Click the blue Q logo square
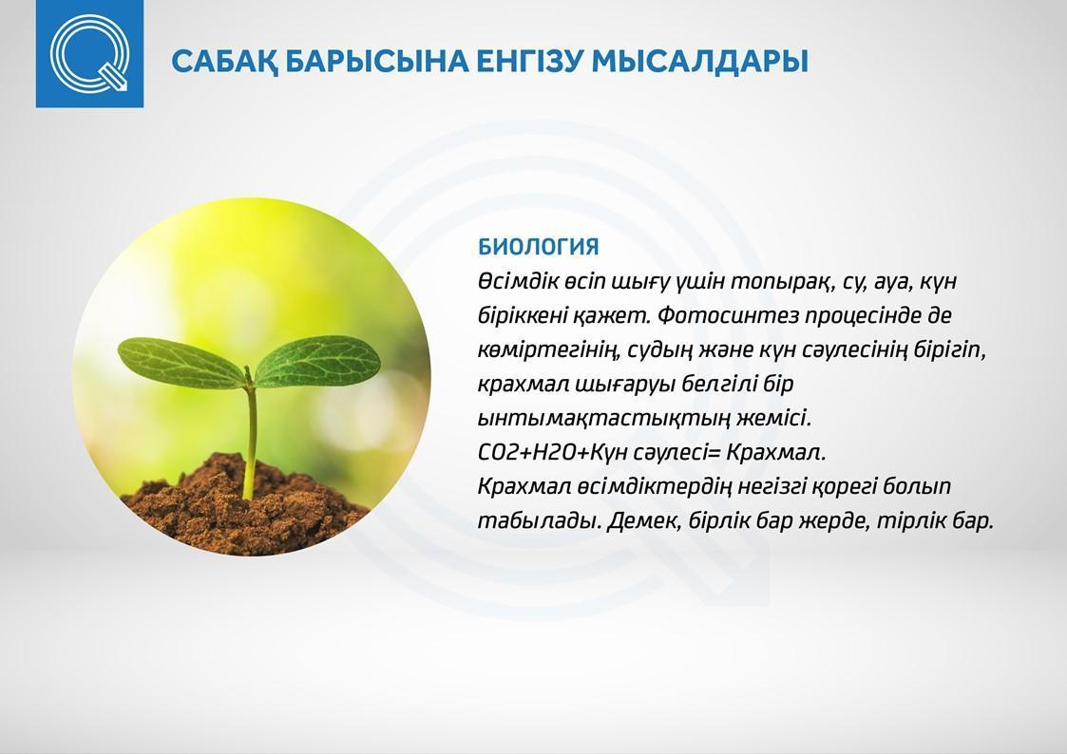coord(89,54)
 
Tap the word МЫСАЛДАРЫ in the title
coord(699,61)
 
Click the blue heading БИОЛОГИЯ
coord(539,247)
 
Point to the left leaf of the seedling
coord(180,363)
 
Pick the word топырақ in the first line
coord(783,282)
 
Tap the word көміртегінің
coord(548,350)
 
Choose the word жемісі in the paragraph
coord(773,418)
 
